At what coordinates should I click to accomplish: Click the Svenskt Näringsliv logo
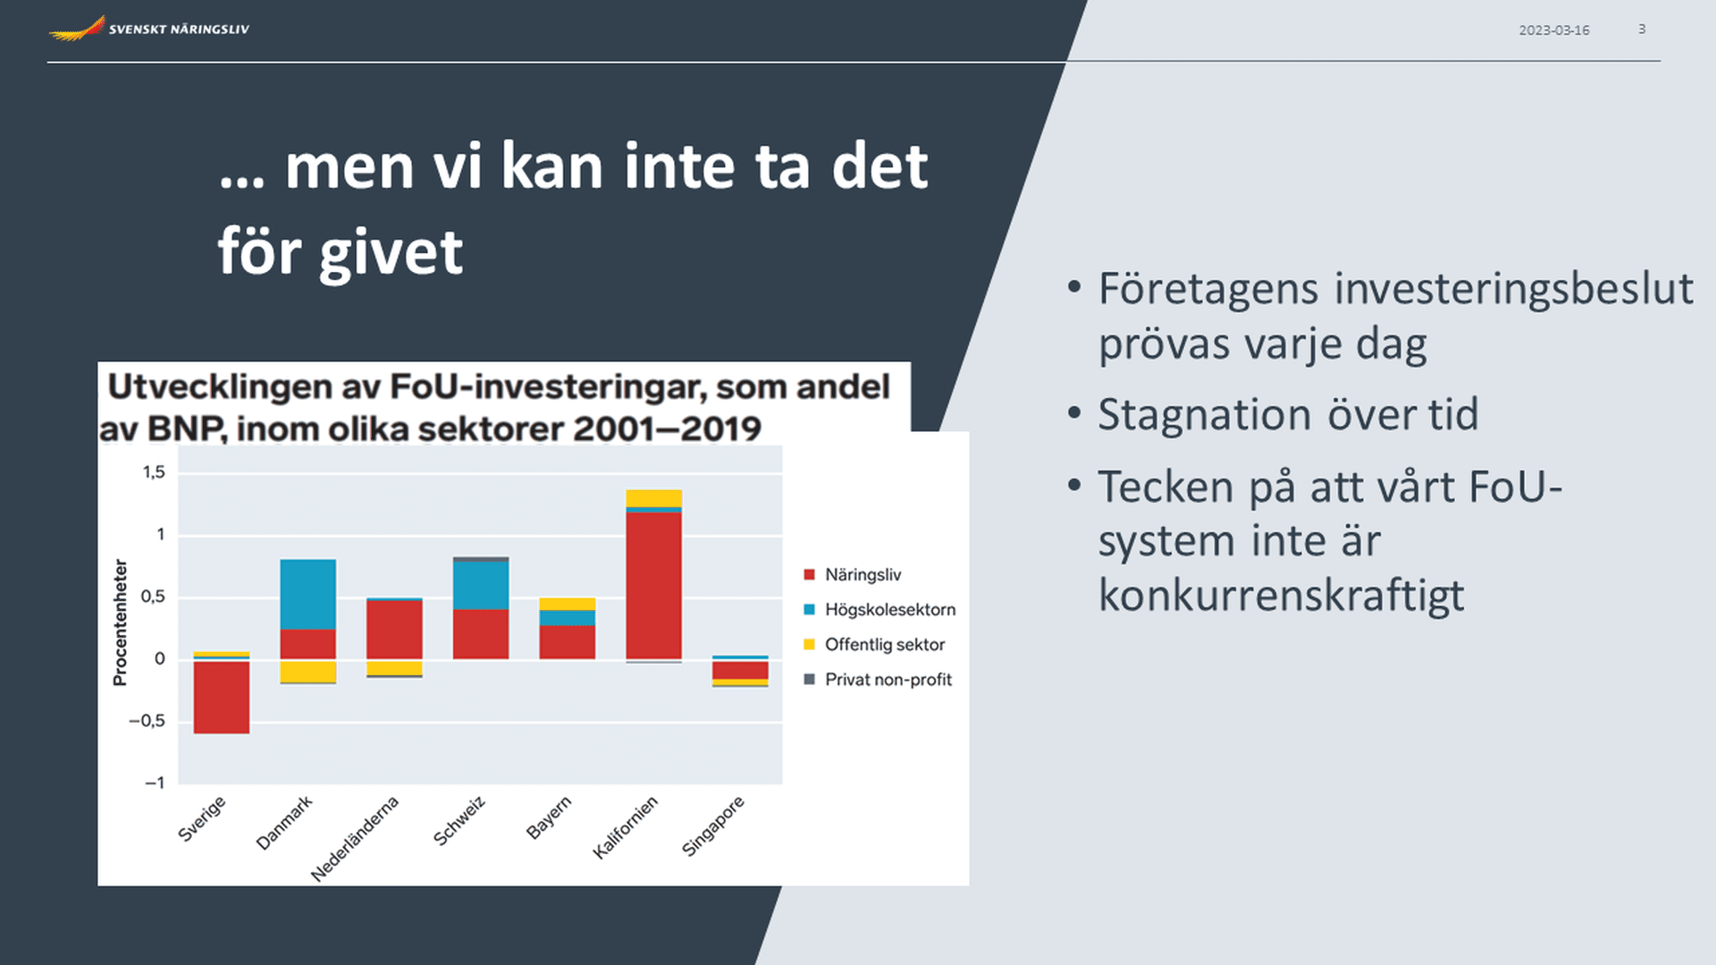tap(149, 29)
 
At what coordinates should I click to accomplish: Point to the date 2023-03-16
tap(1553, 30)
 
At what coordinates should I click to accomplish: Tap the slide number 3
tap(1642, 30)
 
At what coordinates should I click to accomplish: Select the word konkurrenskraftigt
tap(1281, 595)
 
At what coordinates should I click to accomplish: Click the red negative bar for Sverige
tap(222, 698)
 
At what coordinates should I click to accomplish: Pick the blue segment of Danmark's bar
tap(308, 595)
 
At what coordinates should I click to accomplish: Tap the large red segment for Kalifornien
tap(653, 586)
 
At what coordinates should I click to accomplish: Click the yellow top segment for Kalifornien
tap(653, 498)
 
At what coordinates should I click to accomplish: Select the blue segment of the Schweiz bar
tap(481, 585)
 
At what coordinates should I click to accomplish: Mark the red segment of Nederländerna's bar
tap(394, 630)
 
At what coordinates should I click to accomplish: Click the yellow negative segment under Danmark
tap(308, 672)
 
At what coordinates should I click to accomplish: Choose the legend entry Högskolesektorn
tap(880, 610)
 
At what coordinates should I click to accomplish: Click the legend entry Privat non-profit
tap(879, 680)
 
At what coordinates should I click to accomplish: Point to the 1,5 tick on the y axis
tap(154, 472)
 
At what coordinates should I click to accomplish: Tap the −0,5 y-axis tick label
tap(147, 721)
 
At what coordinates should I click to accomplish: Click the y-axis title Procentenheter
tap(120, 623)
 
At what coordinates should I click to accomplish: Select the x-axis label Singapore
tap(712, 825)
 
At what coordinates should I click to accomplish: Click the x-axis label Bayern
tap(548, 817)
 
